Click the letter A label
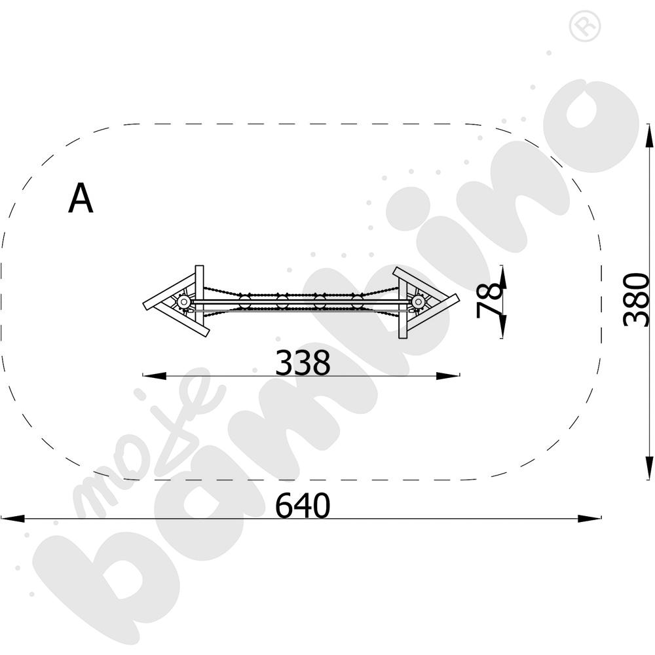(x=81, y=198)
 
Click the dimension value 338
(x=303, y=363)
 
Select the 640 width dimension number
(x=303, y=506)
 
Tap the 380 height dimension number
(x=636, y=299)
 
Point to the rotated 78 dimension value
(x=489, y=300)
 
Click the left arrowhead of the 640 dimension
(x=12, y=518)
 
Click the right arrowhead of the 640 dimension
(x=589, y=518)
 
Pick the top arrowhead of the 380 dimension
(x=648, y=136)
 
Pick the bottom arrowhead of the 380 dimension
(x=648, y=468)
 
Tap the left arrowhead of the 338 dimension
(x=155, y=375)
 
